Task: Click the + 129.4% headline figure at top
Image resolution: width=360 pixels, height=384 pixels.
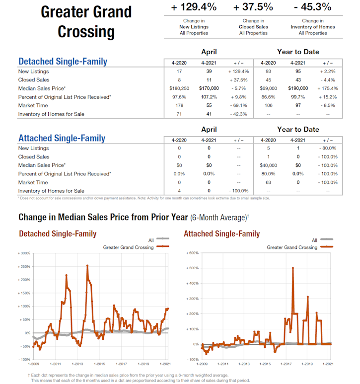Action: pos(194,7)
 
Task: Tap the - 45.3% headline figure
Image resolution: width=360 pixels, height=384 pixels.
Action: pos(313,7)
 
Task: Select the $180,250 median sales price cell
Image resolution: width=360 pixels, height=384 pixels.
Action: pos(179,88)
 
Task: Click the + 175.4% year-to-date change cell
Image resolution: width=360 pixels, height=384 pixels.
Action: pos(328,88)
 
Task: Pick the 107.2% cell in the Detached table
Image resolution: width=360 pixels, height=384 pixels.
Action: pos(209,97)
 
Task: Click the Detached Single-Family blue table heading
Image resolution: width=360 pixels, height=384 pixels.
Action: pos(63,62)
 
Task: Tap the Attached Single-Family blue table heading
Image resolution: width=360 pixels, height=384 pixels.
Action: pos(62,138)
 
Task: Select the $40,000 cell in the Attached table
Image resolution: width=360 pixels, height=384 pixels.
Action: pos(268,165)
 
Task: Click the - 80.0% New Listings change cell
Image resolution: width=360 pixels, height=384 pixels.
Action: pos(328,148)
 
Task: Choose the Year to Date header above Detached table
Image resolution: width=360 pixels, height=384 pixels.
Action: pos(298,52)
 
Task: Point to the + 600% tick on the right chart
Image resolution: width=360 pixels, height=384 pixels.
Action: pos(192,253)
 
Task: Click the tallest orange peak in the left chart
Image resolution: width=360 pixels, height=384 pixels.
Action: pos(87,265)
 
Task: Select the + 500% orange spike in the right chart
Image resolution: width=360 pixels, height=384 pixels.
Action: pos(293,268)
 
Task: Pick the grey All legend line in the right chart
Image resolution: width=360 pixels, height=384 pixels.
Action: pos(326,240)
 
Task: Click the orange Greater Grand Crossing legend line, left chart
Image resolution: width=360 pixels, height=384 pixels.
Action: pos(162,247)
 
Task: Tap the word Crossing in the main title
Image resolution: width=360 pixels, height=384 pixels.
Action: pos(86,32)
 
